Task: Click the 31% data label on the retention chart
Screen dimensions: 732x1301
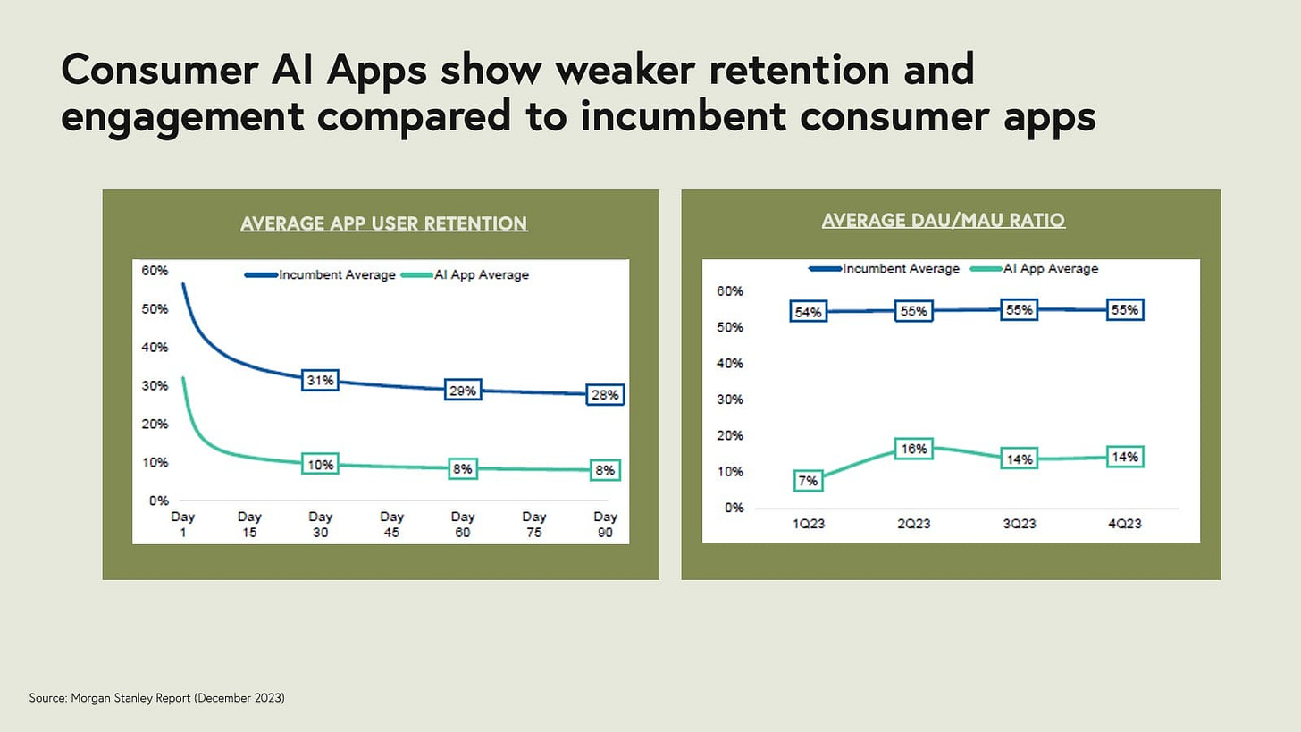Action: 320,381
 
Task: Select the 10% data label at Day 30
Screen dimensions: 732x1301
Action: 320,465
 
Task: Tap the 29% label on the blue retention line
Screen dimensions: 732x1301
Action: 463,391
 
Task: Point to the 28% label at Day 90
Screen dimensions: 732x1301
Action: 605,395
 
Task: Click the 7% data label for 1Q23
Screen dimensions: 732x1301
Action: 808,481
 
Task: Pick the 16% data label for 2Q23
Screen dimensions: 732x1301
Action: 914,449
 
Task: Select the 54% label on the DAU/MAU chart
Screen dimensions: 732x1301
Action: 808,312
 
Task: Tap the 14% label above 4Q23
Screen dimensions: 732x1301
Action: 1125,457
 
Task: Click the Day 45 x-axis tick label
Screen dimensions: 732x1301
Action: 391,524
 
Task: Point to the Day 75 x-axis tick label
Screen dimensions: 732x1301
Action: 534,524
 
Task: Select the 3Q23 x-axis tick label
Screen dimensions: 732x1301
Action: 1019,524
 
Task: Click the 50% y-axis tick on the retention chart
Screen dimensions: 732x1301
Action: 155,308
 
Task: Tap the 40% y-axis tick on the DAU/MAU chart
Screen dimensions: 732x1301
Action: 730,363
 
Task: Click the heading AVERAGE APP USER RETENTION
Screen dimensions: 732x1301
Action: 384,223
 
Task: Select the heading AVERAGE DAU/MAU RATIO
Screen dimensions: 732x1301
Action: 943,220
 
